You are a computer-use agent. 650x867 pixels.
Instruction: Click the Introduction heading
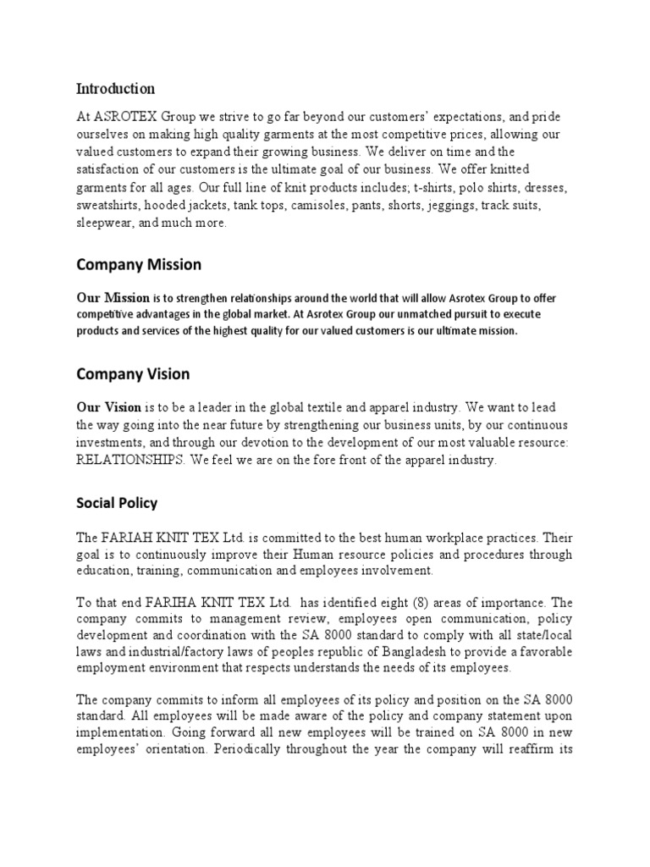pyautogui.click(x=115, y=89)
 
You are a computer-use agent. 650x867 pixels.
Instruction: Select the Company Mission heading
pyautogui.click(x=139, y=264)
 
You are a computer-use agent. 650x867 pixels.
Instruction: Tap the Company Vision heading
pyautogui.click(x=133, y=373)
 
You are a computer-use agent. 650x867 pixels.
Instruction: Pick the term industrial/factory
pyautogui.click(x=174, y=652)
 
